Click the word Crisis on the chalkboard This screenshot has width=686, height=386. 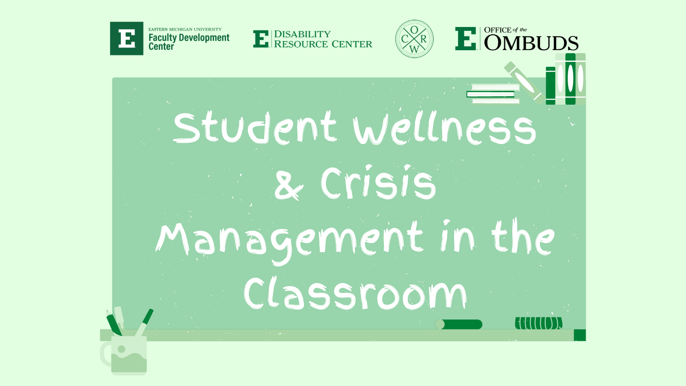pos(378,182)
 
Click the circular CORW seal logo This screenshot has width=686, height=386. pos(414,39)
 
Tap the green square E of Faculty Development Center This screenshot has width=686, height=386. pos(126,38)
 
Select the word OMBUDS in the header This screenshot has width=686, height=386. pos(531,43)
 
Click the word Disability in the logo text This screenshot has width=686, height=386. pos(302,34)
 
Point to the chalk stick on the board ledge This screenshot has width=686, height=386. pos(458,324)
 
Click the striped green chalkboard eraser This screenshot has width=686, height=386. pos(539,323)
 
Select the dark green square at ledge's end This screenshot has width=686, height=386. pos(580,335)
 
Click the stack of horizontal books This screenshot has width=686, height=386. pos(493,94)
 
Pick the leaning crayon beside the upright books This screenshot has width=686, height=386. pos(525,83)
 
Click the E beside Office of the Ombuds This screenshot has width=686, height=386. pos(466,39)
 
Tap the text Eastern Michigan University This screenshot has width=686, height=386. pos(185,30)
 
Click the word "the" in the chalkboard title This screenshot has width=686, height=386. pos(523,238)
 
